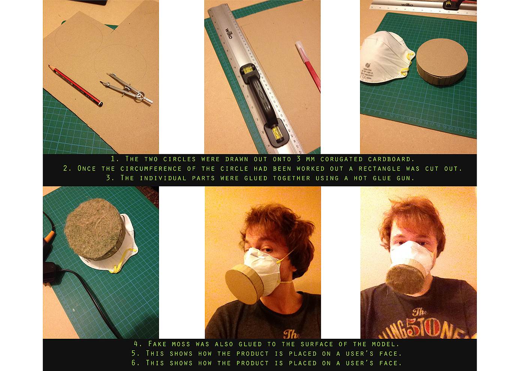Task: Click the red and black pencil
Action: pos(75,86)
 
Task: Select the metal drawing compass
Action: pos(127,88)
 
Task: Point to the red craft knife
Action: pos(308,67)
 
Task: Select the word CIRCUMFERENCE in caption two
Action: pos(151,169)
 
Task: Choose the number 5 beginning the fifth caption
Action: pos(134,353)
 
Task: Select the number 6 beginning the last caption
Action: pos(134,363)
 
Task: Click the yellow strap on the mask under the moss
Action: pos(124,260)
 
